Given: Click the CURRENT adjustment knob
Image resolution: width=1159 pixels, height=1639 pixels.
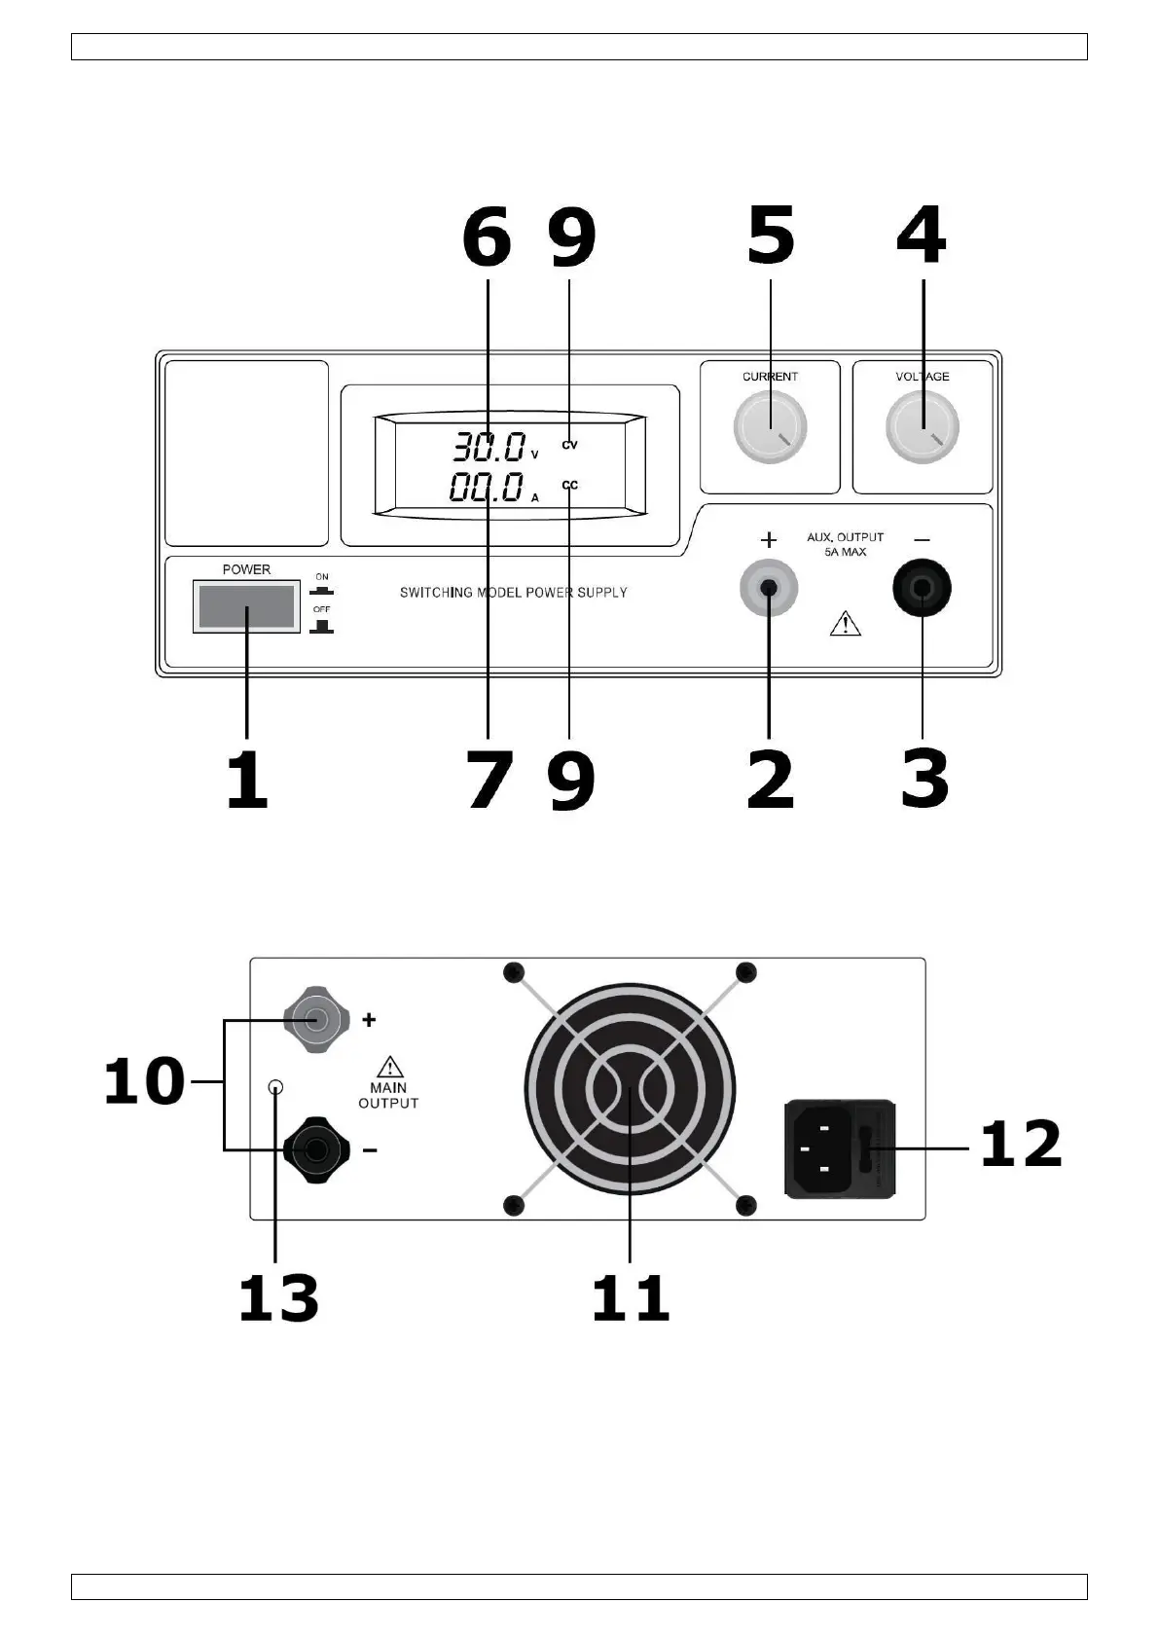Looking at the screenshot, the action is (770, 426).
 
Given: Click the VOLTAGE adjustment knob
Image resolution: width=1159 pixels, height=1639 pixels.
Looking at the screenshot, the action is (922, 426).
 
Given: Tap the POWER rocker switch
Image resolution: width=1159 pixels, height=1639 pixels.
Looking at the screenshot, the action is (246, 606).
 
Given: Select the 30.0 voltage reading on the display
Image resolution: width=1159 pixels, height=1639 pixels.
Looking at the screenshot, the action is (489, 447).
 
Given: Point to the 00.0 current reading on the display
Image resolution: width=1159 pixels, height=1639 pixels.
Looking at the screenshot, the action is (487, 487).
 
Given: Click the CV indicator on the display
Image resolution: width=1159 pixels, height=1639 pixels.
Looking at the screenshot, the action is (570, 445).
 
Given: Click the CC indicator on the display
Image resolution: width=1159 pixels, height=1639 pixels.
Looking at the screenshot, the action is (570, 485).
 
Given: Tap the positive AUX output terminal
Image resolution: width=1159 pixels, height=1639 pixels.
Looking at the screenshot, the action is (768, 588).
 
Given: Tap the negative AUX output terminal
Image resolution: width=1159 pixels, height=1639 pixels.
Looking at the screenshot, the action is (922, 588).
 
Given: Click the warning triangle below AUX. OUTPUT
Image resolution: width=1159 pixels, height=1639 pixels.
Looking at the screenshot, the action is (845, 624).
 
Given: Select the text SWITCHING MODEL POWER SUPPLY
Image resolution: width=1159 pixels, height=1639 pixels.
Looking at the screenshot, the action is (513, 593).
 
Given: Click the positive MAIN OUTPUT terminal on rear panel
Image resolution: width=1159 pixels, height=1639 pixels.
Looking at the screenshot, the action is (316, 1019).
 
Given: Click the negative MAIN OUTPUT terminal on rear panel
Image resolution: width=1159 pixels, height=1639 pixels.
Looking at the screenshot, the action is (316, 1150).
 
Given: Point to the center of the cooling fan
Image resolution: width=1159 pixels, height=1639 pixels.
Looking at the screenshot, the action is (630, 1089).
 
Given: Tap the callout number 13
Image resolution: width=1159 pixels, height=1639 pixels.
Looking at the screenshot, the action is (278, 1298).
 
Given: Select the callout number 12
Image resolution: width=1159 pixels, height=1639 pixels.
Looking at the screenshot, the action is (1021, 1144).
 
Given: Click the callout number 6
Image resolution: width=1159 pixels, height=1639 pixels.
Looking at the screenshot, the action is (487, 237).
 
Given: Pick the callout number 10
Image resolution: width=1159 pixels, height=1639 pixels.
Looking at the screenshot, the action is (144, 1080).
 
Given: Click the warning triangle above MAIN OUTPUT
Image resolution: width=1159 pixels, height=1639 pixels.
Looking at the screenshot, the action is (389, 1067).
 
